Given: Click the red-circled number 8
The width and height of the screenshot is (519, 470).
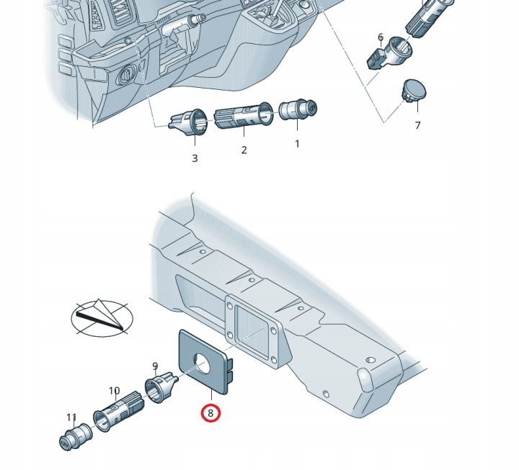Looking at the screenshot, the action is pyautogui.click(x=210, y=413).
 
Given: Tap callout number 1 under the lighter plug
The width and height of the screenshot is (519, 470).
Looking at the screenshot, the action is pyautogui.click(x=297, y=144).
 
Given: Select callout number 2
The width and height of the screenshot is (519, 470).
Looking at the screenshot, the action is pyautogui.click(x=244, y=150).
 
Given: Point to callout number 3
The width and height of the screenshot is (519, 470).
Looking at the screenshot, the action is pyautogui.click(x=195, y=158).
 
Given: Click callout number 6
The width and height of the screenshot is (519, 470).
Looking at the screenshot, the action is pyautogui.click(x=381, y=37).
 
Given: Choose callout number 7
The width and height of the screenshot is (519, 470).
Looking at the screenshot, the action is pyautogui.click(x=417, y=126).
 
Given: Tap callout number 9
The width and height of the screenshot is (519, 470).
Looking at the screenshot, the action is pyautogui.click(x=155, y=366).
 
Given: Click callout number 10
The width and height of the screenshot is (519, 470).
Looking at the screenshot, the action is pyautogui.click(x=114, y=391).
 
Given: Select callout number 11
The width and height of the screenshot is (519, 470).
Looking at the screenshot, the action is pyautogui.click(x=71, y=417).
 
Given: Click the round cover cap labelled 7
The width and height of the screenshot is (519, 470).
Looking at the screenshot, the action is pyautogui.click(x=414, y=90).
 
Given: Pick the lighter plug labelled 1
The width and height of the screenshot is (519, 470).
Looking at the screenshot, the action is pyautogui.click(x=298, y=110).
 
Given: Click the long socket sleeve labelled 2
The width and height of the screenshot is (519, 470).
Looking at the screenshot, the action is pyautogui.click(x=244, y=115).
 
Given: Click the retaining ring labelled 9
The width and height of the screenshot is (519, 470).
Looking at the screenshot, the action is pyautogui.click(x=161, y=386).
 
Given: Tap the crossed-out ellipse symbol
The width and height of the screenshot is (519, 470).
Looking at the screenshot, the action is pyautogui.click(x=102, y=318).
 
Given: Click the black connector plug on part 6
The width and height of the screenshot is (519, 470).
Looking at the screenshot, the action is pyautogui.click(x=376, y=59).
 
